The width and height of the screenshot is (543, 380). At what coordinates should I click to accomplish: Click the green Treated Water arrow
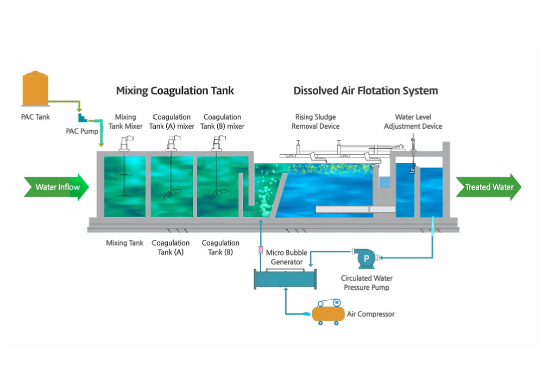click(x=488, y=187)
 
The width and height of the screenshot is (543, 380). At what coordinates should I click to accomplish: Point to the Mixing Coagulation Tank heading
click(x=175, y=91)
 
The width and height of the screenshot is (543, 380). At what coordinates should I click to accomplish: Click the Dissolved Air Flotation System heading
click(x=365, y=91)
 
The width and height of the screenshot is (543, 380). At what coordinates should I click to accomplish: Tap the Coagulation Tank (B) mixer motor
click(x=218, y=142)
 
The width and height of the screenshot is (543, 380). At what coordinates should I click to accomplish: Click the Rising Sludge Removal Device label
click(x=315, y=122)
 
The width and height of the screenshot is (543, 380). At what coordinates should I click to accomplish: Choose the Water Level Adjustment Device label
click(x=413, y=122)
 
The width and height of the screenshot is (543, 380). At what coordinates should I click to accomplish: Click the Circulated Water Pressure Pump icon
click(x=365, y=259)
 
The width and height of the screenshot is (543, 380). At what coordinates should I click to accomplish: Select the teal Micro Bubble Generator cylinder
click(x=286, y=278)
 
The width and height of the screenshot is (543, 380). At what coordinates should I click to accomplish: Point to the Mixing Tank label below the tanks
click(x=124, y=243)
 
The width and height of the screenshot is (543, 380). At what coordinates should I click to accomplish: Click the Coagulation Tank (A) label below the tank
click(x=171, y=248)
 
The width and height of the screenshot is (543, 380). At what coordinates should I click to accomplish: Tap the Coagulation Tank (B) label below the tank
click(x=220, y=248)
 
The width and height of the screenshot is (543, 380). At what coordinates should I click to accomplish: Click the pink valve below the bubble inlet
click(x=261, y=250)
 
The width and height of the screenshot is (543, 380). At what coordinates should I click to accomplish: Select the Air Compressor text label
click(x=371, y=314)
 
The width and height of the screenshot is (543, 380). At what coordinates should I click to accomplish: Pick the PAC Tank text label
click(x=35, y=116)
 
